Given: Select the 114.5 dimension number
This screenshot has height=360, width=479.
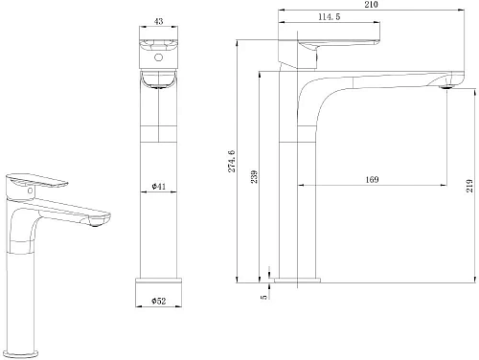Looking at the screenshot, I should (x=331, y=16).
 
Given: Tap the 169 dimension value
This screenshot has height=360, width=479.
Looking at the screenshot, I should (x=372, y=179).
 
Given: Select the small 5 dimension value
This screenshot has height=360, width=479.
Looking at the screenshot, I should (x=263, y=296).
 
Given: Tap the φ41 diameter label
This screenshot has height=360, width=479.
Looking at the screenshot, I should (x=159, y=186).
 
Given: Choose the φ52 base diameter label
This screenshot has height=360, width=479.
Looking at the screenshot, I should (x=159, y=302).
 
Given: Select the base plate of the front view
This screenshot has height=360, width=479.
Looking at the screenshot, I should (x=159, y=283).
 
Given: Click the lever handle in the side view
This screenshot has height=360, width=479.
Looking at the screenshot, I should (x=335, y=48).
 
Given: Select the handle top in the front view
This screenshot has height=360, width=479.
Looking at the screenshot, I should (x=159, y=46).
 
